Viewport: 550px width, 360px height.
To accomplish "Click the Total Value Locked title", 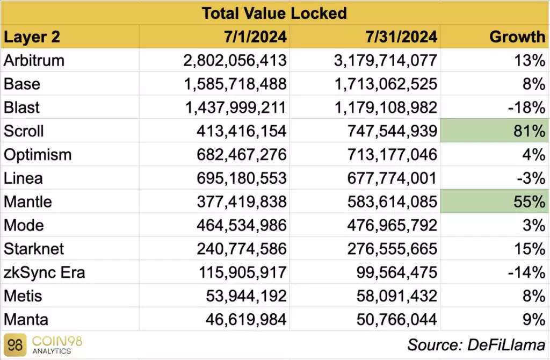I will click(x=274, y=12).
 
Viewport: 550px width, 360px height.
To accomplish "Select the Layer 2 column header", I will click(x=32, y=37).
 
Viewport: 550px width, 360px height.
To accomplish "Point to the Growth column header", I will click(x=517, y=37).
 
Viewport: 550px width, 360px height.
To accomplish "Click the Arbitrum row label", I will click(x=34, y=60).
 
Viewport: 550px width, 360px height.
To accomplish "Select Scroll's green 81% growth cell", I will click(x=494, y=131).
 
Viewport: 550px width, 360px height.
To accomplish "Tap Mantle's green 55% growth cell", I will click(x=494, y=202).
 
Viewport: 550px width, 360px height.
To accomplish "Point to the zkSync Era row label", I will click(x=44, y=273).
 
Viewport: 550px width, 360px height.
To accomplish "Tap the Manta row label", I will click(x=26, y=320).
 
